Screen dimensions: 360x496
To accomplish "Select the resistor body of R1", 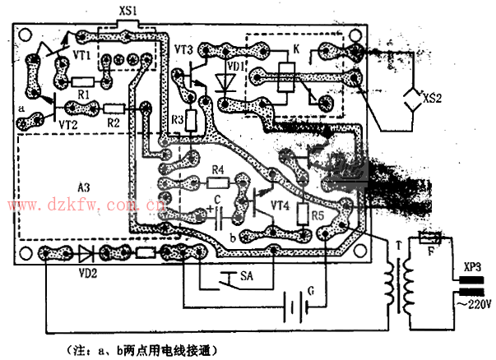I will (x=82, y=82).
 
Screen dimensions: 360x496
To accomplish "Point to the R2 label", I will (x=114, y=122).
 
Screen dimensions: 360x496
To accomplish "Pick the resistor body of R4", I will (x=217, y=182).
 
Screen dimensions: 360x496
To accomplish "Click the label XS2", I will (x=433, y=99).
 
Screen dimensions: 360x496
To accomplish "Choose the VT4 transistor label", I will (x=280, y=205).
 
